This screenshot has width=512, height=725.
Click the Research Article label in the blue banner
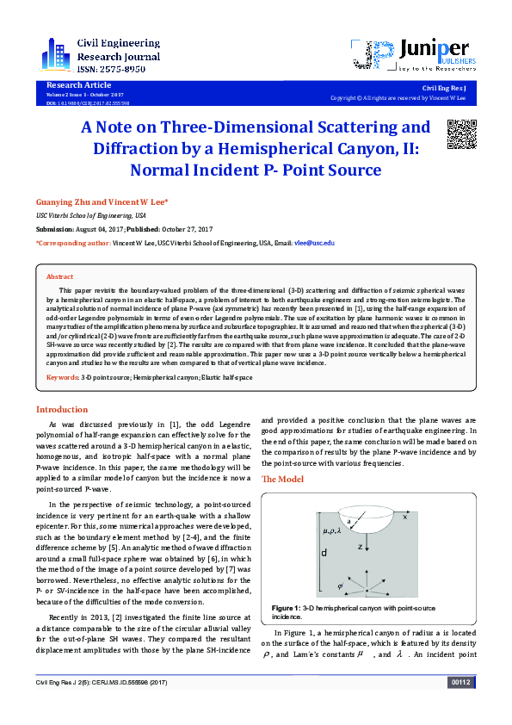(78, 85)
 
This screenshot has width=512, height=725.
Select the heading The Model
(281, 478)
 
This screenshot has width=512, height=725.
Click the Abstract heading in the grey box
(59, 277)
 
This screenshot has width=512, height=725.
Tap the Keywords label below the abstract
(62, 378)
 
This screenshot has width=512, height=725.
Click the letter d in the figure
(324, 553)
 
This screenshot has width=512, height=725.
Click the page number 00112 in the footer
(461, 706)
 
